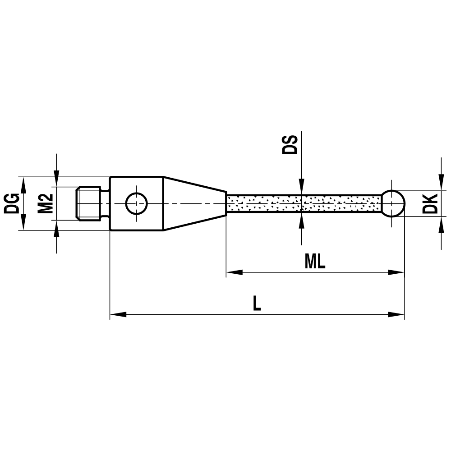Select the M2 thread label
coord(45,203)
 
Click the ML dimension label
coord(315,262)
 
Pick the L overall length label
coord(257,304)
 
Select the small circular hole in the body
coord(136,203)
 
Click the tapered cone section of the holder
coord(194,203)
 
